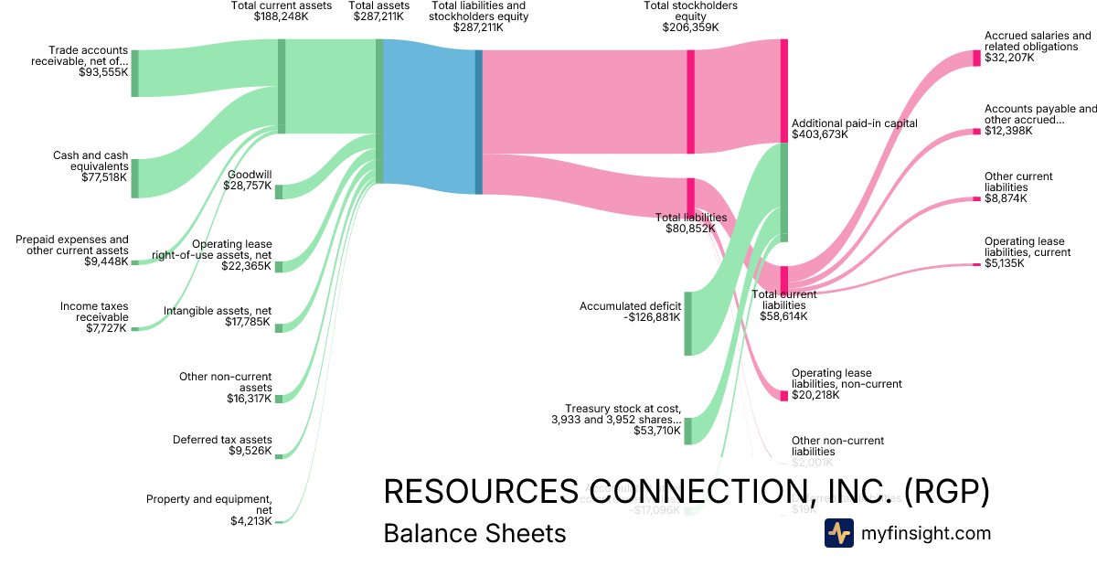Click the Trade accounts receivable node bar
(134, 72)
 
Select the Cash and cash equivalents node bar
(134, 178)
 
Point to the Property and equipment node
(279, 522)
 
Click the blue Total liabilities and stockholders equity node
(478, 122)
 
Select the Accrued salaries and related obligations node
(976, 58)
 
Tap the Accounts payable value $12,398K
(1008, 131)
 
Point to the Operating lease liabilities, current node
(975, 265)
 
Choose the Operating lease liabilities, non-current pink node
(783, 395)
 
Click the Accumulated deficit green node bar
(687, 323)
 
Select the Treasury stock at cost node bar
(687, 431)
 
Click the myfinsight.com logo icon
(838, 533)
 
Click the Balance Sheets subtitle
(474, 533)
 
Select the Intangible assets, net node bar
(279, 327)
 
